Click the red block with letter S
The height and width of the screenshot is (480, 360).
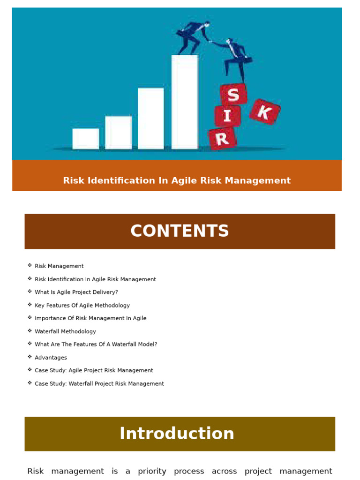point(233,95)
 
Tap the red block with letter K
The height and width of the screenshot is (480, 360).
point(264,112)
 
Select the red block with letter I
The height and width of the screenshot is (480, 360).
point(227,116)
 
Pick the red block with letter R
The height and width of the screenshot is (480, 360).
point(222,138)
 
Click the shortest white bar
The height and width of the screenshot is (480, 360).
point(86,139)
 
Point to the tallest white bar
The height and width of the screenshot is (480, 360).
point(184,102)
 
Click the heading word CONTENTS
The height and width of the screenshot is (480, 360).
point(180,231)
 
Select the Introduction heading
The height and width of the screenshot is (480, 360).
point(177,434)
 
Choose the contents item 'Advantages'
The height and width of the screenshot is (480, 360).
point(51,358)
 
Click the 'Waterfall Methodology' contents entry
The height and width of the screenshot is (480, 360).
point(65,331)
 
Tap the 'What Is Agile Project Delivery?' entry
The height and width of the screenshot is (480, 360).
point(76,292)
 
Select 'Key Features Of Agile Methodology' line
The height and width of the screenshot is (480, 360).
point(82,305)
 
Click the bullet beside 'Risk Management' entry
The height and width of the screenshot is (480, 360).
point(30,266)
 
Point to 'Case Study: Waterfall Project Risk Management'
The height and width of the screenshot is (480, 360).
point(99,383)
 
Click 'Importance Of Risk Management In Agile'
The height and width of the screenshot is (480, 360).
point(90,318)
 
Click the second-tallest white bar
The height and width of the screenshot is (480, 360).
point(150,119)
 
